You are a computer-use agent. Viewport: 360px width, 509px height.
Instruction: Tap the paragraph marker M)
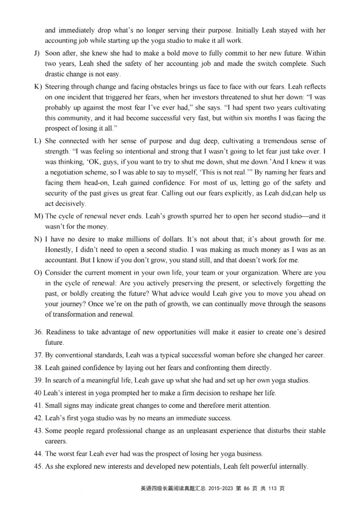pos(38,216)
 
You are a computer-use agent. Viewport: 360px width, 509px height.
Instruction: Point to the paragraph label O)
pos(38,273)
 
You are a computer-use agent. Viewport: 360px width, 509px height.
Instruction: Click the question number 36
pos(38,332)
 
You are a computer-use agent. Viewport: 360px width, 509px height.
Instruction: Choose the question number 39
pos(38,380)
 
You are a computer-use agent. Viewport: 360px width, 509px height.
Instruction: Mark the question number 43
pos(38,431)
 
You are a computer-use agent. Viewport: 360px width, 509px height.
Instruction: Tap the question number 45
pos(38,467)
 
